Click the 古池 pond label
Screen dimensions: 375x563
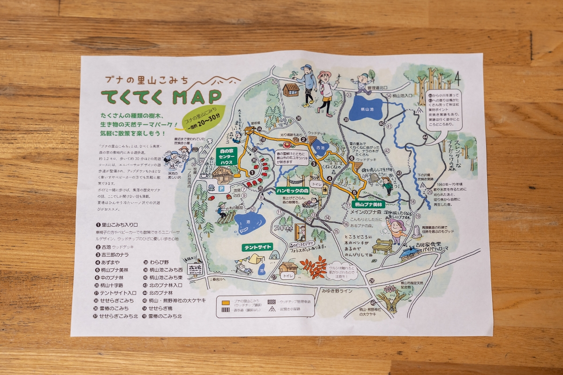coord(320,147)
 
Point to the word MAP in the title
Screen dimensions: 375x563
coord(197,97)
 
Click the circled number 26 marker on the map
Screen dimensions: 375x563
coord(372,281)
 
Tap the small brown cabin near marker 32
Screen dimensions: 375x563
coord(291,89)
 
